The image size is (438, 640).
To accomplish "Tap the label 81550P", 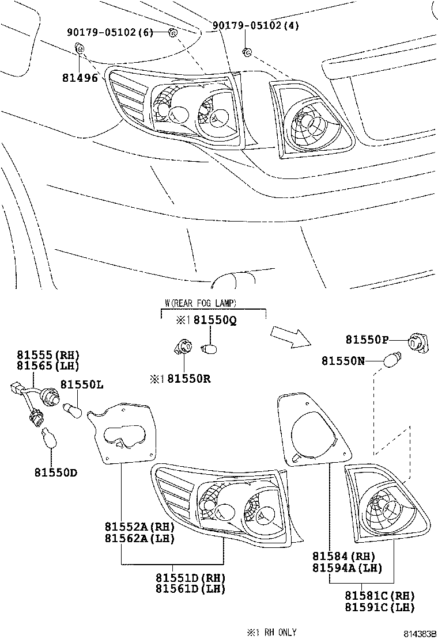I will [367, 340].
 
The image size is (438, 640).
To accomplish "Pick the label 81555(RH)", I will [47, 355].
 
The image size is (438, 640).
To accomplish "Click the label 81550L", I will [82, 384].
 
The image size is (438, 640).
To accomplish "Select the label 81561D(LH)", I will [190, 589].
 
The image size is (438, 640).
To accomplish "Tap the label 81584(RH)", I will [343, 556].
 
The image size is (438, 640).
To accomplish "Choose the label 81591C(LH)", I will [379, 607].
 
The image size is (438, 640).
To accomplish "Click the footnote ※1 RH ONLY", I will [271, 632].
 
